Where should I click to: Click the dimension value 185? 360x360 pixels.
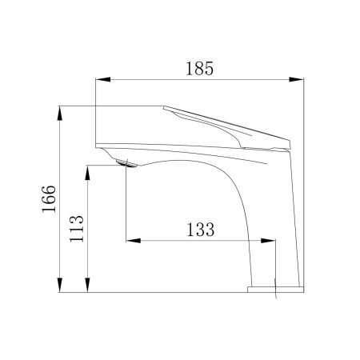[x=199, y=69]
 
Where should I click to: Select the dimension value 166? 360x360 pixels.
[x=49, y=198]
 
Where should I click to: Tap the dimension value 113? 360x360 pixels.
[x=77, y=229]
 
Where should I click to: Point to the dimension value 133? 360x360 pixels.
[x=200, y=230]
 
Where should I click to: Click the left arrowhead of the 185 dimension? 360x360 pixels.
[x=103, y=79]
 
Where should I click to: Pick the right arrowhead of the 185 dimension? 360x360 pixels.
[x=296, y=79]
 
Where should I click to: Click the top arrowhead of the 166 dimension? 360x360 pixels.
[x=60, y=114]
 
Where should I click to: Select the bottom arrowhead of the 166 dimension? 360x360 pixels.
[x=60, y=285]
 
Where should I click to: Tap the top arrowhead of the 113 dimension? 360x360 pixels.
[x=87, y=173]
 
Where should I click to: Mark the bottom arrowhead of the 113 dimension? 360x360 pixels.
[x=87, y=285]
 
